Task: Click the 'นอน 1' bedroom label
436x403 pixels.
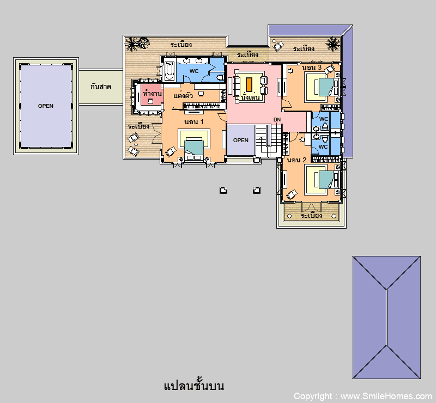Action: click(x=194, y=122)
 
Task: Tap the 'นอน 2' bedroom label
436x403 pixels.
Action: click(x=296, y=160)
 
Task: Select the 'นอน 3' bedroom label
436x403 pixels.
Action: click(x=312, y=68)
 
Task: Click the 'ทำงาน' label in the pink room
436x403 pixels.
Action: click(x=152, y=93)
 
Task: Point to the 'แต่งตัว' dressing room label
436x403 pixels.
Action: click(x=183, y=95)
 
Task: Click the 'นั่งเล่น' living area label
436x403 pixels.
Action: click(x=250, y=97)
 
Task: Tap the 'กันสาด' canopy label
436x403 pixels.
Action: click(x=101, y=87)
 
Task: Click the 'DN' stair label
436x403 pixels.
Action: click(x=277, y=120)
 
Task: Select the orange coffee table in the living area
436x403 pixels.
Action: click(x=249, y=84)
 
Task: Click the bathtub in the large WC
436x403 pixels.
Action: click(x=169, y=71)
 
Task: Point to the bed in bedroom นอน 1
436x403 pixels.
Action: click(x=194, y=149)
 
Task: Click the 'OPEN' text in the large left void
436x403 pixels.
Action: click(x=46, y=106)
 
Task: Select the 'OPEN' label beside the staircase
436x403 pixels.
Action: click(x=241, y=141)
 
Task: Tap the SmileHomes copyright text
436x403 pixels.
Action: click(x=362, y=396)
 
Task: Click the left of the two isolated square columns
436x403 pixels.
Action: click(x=223, y=190)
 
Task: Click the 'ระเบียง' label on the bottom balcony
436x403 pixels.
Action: click(x=311, y=216)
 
